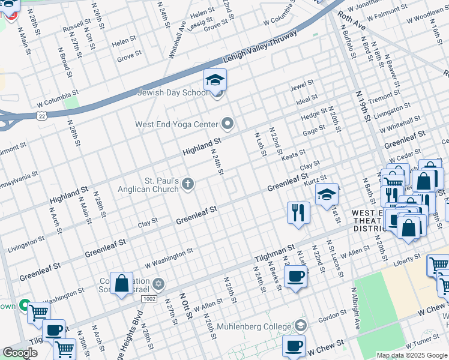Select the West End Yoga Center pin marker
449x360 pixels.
227,124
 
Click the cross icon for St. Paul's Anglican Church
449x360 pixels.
188,184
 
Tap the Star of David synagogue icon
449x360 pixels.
158,283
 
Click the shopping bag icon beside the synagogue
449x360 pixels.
121,284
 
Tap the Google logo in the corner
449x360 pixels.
20,353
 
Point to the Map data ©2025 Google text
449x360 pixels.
411,355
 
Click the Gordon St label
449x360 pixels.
330,317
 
